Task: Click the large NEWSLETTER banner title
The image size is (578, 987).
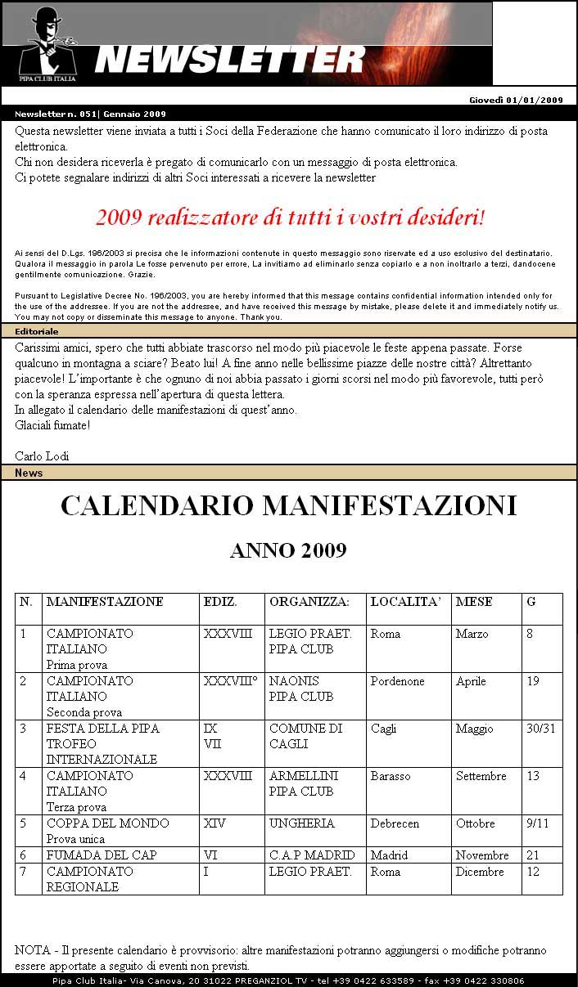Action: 229,60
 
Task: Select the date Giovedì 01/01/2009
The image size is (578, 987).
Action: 516,100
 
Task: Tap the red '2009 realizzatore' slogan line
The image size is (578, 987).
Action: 290,218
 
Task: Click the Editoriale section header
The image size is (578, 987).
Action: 37,331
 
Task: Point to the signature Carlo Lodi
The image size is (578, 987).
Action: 42,455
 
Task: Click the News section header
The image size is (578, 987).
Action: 29,473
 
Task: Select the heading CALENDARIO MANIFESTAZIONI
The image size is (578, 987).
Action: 288,506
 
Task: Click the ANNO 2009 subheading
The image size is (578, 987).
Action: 288,551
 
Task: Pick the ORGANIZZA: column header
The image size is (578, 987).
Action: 309,602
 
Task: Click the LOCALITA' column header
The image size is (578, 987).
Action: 405,602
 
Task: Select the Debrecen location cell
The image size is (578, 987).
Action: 395,823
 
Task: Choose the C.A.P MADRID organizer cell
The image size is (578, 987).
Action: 312,855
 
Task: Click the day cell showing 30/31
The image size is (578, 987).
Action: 540,729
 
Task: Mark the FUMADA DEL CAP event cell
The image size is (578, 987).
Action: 102,855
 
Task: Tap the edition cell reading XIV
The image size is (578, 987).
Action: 214,823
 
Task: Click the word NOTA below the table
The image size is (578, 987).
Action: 30,951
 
